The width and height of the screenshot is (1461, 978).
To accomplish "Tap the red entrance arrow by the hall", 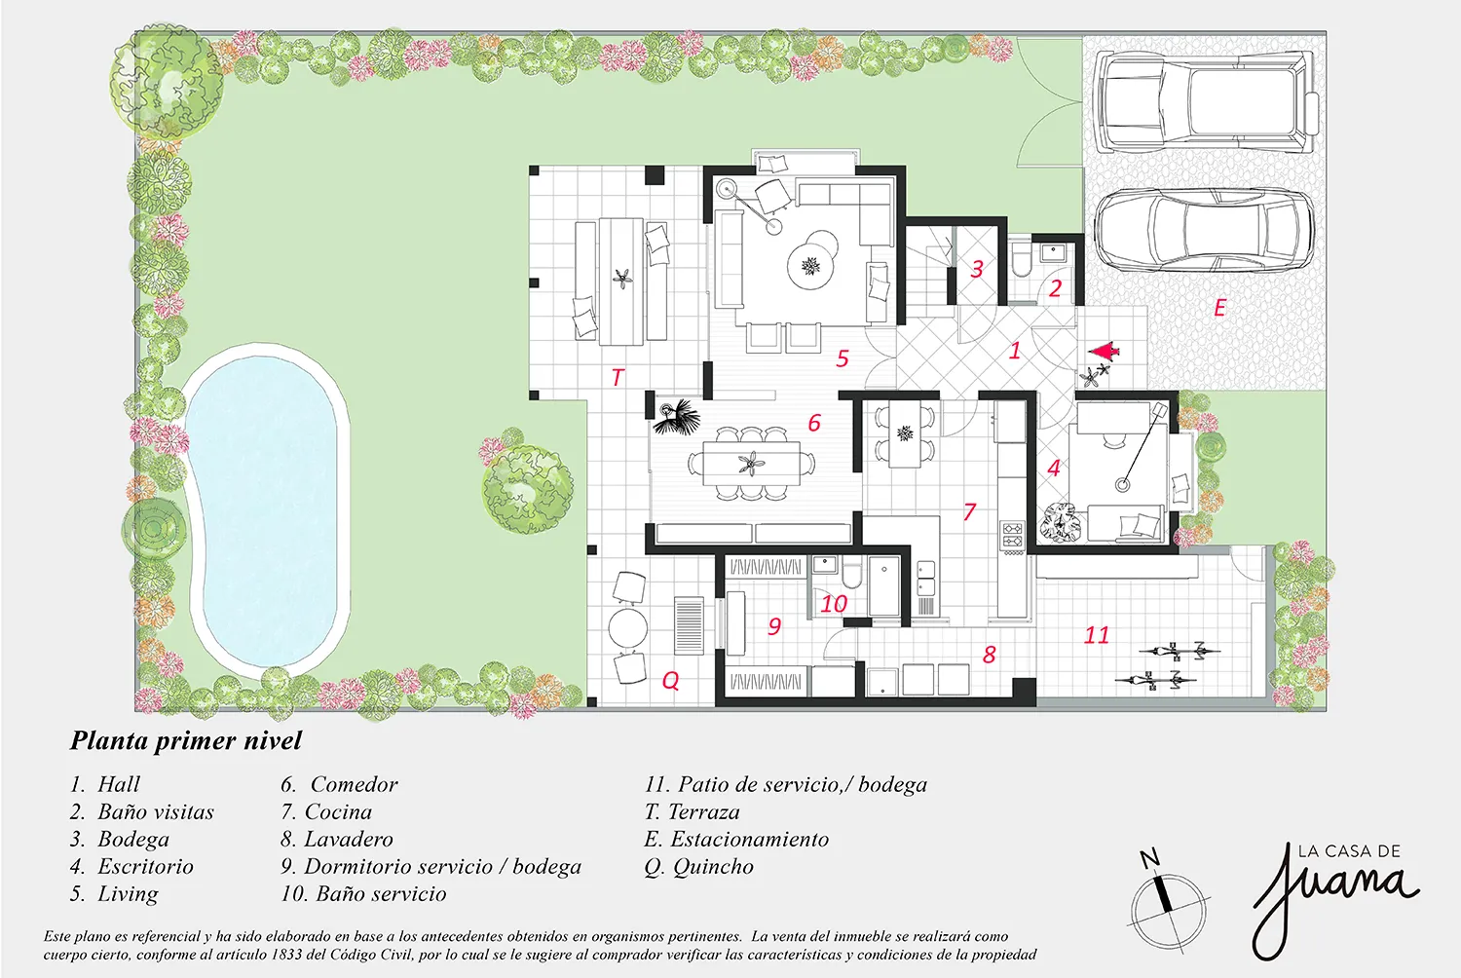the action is [x=1104, y=353].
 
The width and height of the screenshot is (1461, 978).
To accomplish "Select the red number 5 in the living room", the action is [x=843, y=358].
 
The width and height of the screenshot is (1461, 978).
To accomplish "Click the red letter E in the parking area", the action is [x=1219, y=307].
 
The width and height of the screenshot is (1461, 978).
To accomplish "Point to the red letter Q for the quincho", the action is [x=670, y=681].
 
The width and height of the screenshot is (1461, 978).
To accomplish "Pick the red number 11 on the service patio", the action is [x=1097, y=635].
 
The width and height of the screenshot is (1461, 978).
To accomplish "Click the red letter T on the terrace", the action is [x=618, y=377].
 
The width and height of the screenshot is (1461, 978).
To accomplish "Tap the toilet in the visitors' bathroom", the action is [x=1021, y=260].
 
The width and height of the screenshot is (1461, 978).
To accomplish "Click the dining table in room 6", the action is [x=751, y=464].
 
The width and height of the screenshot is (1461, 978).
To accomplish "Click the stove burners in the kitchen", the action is [x=1013, y=535].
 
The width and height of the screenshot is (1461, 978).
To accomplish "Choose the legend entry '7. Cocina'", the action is [x=326, y=811].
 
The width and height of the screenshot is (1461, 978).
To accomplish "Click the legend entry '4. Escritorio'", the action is [x=132, y=866].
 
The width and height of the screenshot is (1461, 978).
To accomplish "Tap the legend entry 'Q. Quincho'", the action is [x=699, y=866].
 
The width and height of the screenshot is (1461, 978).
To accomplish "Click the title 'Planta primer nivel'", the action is [x=186, y=740].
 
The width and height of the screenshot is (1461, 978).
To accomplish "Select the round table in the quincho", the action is [x=628, y=627].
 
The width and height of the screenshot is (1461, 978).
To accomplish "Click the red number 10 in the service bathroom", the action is [x=834, y=604].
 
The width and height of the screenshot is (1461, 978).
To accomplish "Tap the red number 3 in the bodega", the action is [x=977, y=268].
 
